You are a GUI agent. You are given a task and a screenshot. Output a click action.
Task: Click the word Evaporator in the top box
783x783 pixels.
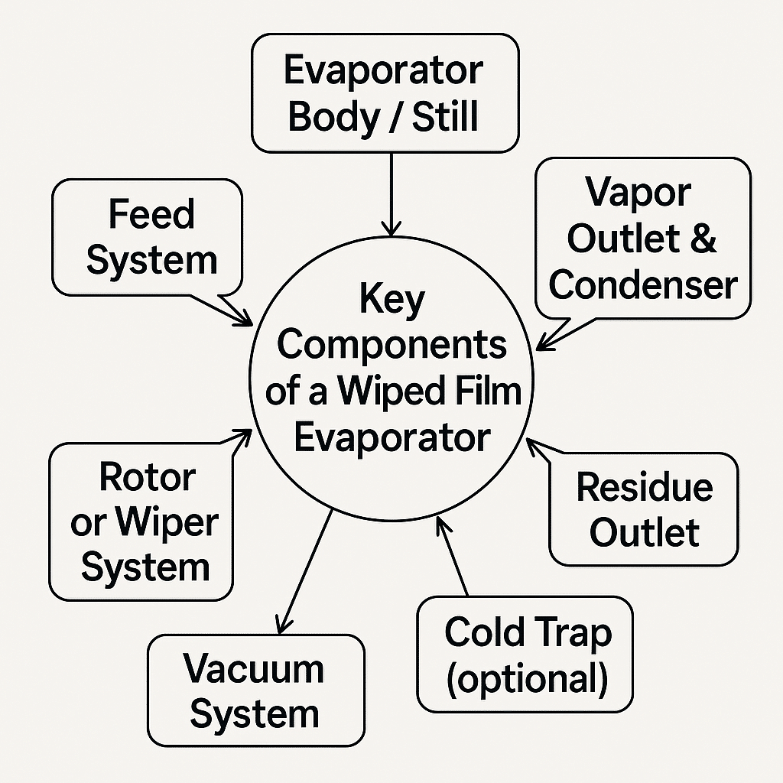click(383, 72)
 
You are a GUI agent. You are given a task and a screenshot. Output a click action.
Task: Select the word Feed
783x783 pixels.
click(151, 214)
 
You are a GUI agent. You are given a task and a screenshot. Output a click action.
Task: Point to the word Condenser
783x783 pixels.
click(642, 285)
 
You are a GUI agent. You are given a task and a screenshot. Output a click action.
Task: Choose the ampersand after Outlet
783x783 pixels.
click(701, 239)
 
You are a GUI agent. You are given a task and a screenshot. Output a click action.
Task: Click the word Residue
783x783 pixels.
click(644, 487)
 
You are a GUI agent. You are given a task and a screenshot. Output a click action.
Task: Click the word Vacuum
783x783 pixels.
click(253, 669)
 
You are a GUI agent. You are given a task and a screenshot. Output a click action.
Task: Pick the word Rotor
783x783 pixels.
click(147, 478)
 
